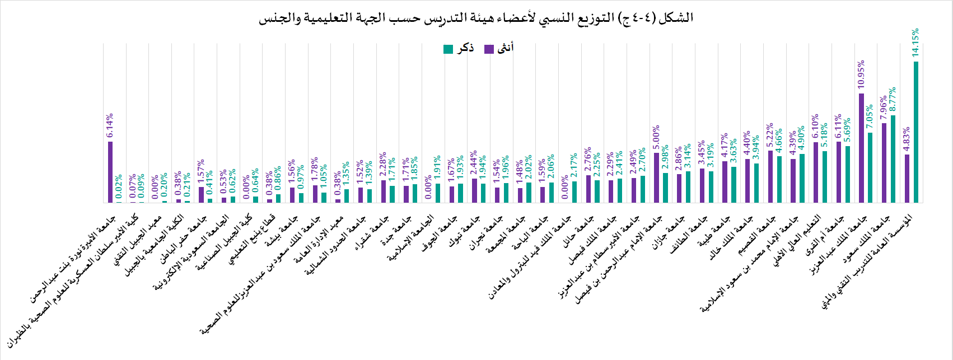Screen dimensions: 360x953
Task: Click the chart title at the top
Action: pos(476,18)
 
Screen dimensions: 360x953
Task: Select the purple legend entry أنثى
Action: pos(499,49)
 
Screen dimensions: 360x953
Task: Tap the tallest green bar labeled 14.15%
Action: pos(916,132)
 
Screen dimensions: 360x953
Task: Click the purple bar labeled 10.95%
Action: pos(861,148)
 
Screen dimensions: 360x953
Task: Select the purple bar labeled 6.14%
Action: pos(110,172)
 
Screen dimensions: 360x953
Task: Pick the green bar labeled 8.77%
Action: pos(893,159)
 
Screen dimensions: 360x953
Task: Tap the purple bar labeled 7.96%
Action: pos(884,163)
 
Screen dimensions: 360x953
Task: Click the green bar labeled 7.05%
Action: pos(870,167)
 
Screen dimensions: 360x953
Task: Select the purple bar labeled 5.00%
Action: pos(656,177)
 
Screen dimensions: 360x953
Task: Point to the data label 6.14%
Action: pos(110,126)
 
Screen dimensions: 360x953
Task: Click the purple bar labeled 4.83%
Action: pos(907,179)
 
